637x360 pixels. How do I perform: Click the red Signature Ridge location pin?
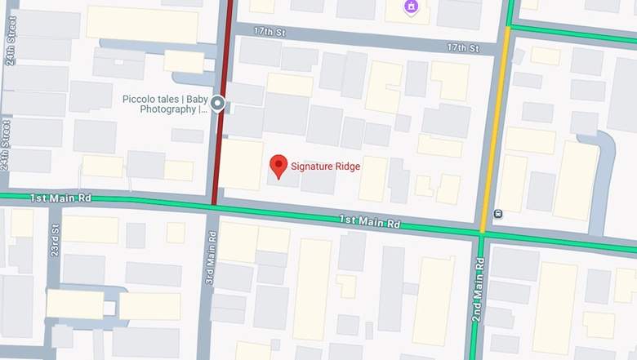[278, 167]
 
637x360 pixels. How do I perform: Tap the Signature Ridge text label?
[326, 167]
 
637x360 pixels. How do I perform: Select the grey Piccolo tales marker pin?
[217, 103]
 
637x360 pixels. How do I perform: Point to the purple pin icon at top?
[410, 7]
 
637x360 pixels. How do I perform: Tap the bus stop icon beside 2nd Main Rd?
[497, 214]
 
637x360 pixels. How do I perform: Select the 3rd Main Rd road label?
[212, 259]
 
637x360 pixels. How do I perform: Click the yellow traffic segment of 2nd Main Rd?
[497, 122]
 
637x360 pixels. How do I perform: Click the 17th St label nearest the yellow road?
[462, 48]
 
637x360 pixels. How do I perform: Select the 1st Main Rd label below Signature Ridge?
[371, 222]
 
